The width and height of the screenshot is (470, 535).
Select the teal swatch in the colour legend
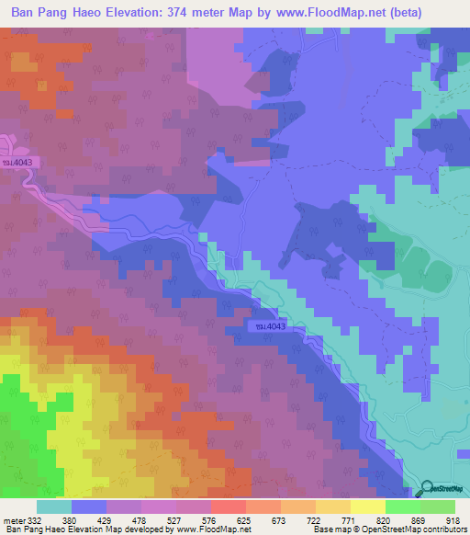[54, 507]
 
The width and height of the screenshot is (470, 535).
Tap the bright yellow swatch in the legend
[368, 507]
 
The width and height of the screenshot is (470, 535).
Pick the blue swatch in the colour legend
[89, 507]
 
